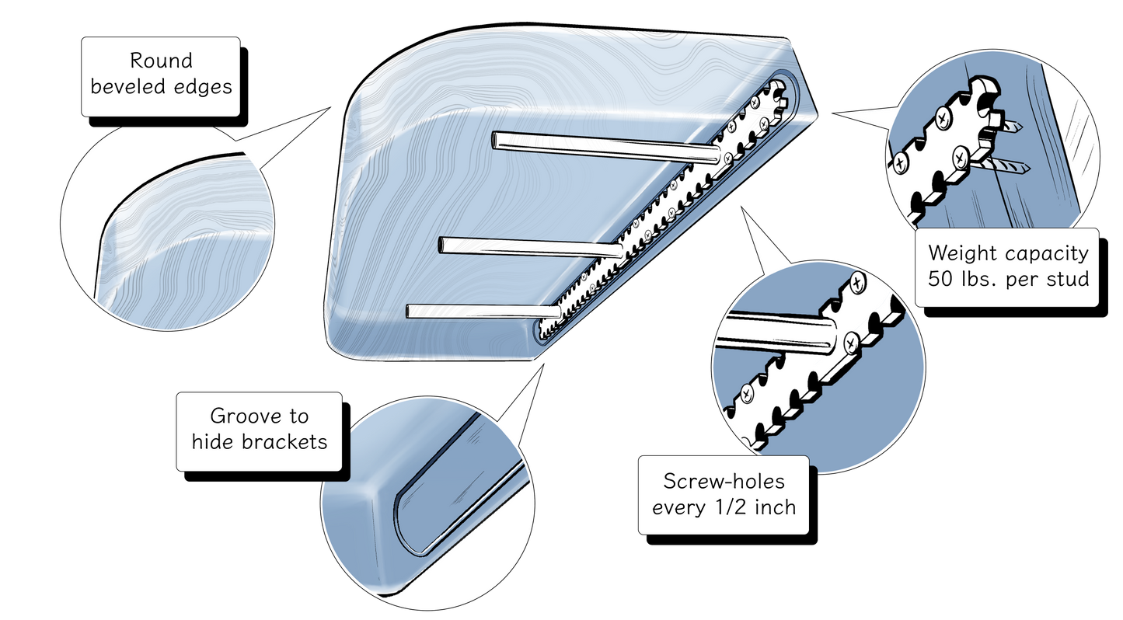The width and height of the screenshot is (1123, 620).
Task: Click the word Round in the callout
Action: click(x=161, y=61)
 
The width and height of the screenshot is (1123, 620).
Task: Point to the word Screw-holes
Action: click(x=724, y=481)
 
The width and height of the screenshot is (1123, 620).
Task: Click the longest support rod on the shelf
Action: click(x=606, y=148)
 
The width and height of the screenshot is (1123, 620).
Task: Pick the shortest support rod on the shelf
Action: click(x=482, y=311)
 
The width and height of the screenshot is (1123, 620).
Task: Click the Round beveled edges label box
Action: click(x=161, y=75)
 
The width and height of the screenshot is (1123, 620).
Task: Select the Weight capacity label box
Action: click(x=1009, y=266)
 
